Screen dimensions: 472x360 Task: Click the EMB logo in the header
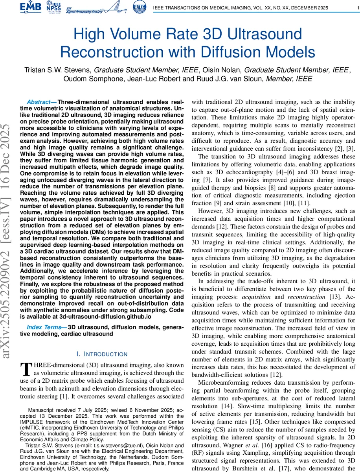point(32,7)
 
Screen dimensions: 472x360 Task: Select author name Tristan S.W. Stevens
point(59,70)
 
